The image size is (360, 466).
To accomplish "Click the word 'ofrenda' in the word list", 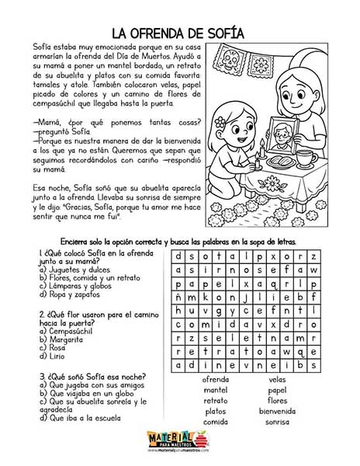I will (x=215, y=379).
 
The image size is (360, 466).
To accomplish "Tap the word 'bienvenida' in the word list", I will (x=277, y=411).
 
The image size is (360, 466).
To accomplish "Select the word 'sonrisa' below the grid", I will (x=277, y=422).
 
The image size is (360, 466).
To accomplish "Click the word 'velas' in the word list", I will (x=277, y=379).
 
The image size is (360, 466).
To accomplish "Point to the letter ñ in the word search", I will (x=180, y=296).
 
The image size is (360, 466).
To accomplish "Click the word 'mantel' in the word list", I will (x=215, y=390).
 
